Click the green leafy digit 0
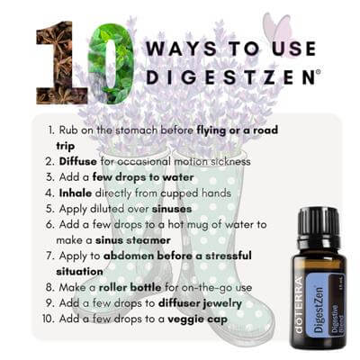pyautogui.click(x=111, y=64)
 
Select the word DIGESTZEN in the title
pyautogui.click(x=230, y=76)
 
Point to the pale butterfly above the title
pyautogui.click(x=276, y=29)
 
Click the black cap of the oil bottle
pyautogui.click(x=319, y=224)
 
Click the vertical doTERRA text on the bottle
pyautogui.click(x=299, y=304)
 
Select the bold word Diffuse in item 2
pyautogui.click(x=78, y=161)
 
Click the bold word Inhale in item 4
pyautogui.click(x=76, y=193)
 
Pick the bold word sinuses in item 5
pyautogui.click(x=172, y=209)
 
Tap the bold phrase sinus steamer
pyautogui.click(x=133, y=240)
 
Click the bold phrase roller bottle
pyautogui.click(x=130, y=287)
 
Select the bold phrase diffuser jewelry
pyautogui.click(x=200, y=303)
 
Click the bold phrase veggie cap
pyautogui.click(x=197, y=319)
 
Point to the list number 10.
pyautogui.click(x=49, y=319)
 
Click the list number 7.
pyautogui.click(x=49, y=256)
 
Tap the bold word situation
pyautogui.click(x=79, y=272)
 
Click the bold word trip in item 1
pyautogui.click(x=66, y=147)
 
